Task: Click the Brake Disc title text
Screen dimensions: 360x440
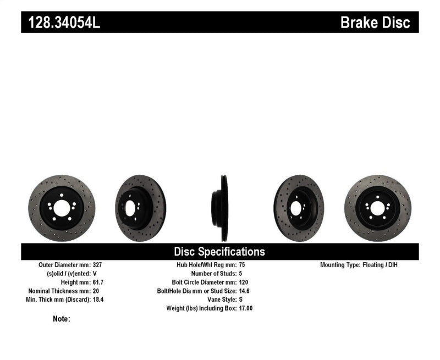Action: point(375,23)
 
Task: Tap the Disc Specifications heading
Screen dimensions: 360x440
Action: point(219,252)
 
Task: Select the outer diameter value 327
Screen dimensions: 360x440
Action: point(98,264)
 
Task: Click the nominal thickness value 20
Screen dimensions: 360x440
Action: point(97,291)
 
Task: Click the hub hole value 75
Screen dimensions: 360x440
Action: point(243,264)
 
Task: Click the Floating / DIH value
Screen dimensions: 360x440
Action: point(381,264)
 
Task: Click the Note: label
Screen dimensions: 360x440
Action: point(62,319)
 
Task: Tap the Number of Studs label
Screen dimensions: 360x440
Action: point(213,273)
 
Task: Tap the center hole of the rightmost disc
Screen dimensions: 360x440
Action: point(377,208)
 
